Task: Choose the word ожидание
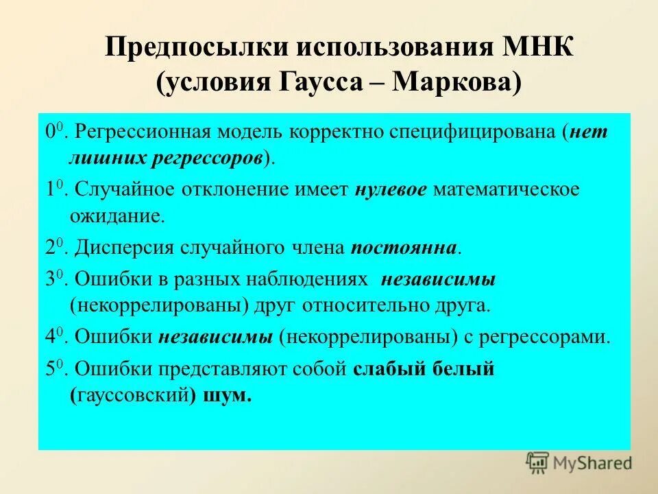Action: point(117,217)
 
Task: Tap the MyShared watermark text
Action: point(592,463)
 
